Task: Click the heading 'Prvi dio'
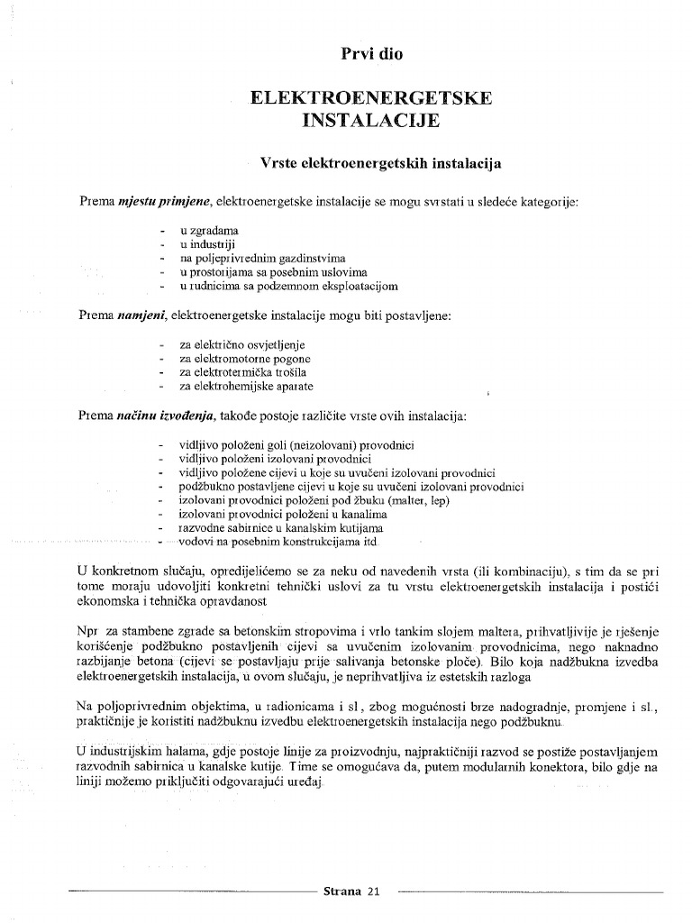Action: pyautogui.click(x=371, y=54)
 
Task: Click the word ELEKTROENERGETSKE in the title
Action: pyautogui.click(x=371, y=97)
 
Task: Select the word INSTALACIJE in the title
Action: pyautogui.click(x=371, y=119)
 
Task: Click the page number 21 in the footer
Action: pyautogui.click(x=374, y=891)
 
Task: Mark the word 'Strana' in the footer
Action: pyautogui.click(x=342, y=891)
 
